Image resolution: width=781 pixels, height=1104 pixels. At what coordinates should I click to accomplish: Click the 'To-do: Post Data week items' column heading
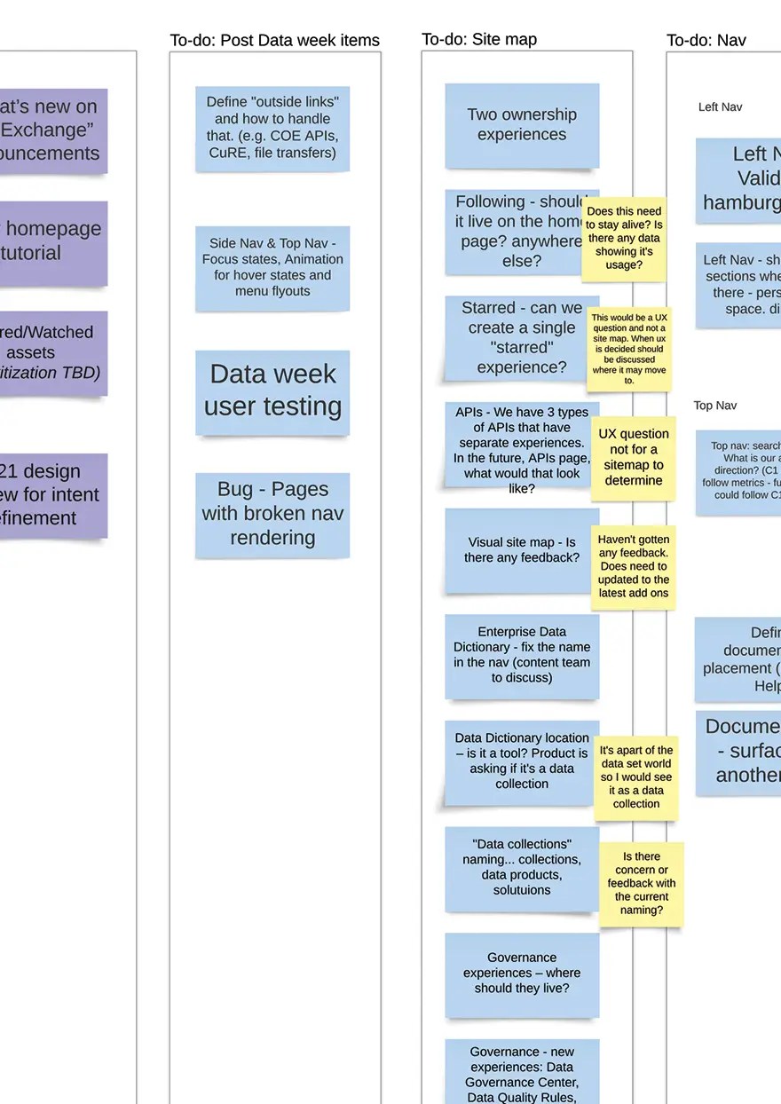tap(274, 41)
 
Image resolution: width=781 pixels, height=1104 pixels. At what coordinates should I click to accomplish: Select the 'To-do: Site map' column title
tap(479, 39)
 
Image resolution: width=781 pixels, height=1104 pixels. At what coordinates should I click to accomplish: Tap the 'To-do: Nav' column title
tap(706, 40)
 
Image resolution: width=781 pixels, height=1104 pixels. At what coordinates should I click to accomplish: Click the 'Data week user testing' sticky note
tap(272, 390)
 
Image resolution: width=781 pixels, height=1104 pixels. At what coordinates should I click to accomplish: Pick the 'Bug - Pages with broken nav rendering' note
tap(272, 514)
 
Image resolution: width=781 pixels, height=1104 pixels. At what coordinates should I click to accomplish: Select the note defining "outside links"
tap(272, 128)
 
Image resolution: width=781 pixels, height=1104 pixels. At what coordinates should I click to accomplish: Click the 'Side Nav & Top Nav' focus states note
tap(272, 267)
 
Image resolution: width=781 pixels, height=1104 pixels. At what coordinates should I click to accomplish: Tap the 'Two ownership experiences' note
tap(522, 125)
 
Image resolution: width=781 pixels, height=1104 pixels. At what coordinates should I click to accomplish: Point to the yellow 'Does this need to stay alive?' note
tap(625, 238)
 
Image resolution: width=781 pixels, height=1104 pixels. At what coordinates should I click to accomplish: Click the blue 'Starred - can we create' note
tap(515, 338)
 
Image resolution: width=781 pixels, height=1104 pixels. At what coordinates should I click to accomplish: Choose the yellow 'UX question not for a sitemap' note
tap(633, 457)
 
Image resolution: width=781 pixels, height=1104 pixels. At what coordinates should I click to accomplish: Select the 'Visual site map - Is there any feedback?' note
tap(522, 550)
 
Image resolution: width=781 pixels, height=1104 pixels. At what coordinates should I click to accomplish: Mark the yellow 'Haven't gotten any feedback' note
tap(633, 566)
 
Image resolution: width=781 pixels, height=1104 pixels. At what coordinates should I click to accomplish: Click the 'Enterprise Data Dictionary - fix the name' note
tap(522, 655)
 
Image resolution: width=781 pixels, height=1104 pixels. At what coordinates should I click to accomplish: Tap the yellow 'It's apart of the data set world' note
tap(636, 777)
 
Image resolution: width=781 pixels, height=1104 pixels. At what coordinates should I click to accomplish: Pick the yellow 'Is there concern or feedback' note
tap(641, 883)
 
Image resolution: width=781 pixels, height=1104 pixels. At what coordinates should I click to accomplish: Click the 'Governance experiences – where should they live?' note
tap(522, 973)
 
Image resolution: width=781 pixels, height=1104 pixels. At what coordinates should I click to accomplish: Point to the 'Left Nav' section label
tap(720, 107)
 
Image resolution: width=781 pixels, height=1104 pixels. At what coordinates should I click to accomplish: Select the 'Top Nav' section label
tap(714, 406)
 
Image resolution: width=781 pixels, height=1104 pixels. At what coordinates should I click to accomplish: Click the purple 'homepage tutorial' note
tap(53, 241)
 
